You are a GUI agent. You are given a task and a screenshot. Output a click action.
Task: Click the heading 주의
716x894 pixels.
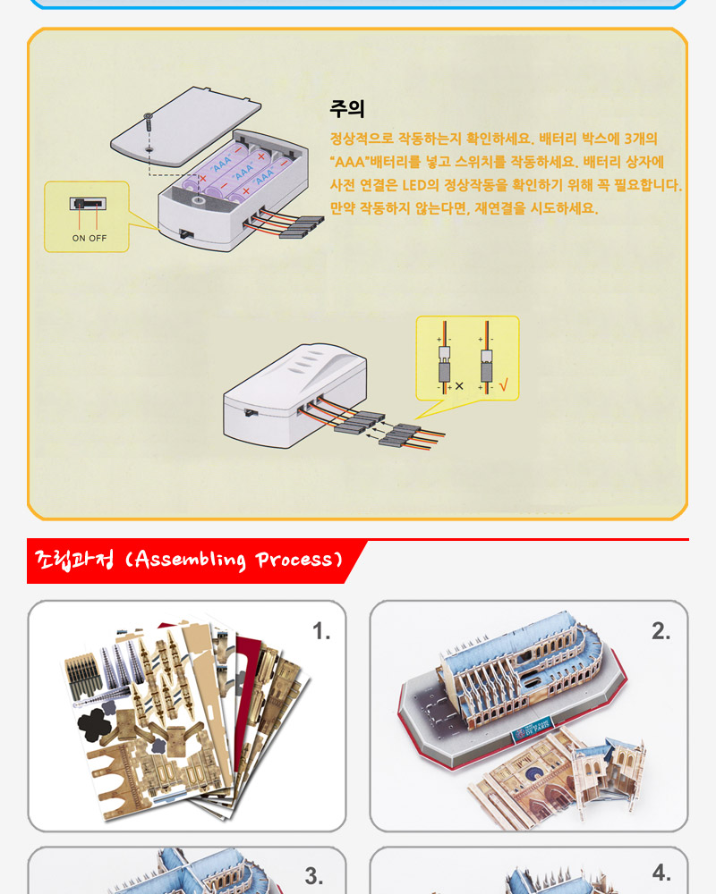tap(346, 108)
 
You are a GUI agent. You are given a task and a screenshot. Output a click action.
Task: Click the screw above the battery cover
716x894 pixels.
tap(149, 122)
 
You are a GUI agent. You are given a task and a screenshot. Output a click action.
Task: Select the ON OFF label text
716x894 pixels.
tap(89, 239)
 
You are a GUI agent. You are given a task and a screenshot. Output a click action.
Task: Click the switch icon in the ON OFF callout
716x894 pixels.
tap(88, 204)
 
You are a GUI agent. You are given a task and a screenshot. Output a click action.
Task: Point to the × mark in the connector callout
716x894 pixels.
tap(459, 386)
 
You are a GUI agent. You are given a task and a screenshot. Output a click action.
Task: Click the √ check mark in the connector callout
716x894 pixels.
tap(503, 386)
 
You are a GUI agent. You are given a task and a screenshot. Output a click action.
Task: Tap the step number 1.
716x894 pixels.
tap(321, 631)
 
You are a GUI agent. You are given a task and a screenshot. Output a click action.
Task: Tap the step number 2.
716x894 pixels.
tap(661, 631)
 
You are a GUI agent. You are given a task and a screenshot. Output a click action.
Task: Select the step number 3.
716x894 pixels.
tap(313, 876)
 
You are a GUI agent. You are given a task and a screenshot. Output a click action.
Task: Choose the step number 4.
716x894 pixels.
tap(661, 873)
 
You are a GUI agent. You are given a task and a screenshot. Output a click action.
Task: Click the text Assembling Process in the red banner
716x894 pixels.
tap(234, 560)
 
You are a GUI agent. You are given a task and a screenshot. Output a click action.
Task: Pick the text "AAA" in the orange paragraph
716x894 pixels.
tap(349, 162)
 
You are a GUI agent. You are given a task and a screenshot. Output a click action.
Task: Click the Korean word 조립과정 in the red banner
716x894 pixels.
tap(75, 560)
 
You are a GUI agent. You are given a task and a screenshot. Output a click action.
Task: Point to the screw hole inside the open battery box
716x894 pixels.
tap(198, 200)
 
